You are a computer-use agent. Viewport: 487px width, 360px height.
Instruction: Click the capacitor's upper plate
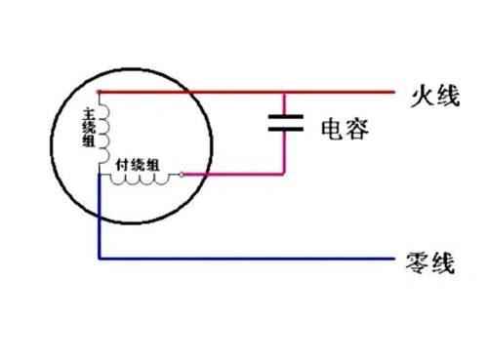pyautogui.click(x=283, y=117)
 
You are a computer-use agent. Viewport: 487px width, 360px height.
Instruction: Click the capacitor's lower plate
pyautogui.click(x=283, y=130)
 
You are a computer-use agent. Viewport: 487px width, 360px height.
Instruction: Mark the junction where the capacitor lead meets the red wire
pyautogui.click(x=283, y=94)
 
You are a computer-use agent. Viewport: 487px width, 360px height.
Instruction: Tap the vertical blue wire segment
pyautogui.click(x=100, y=220)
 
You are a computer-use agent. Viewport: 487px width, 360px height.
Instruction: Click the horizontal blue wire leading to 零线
pyautogui.click(x=244, y=260)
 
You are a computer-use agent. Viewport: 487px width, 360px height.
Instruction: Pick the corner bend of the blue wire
pyautogui.click(x=100, y=260)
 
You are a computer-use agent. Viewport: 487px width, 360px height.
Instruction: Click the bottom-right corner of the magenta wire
pyautogui.click(x=283, y=177)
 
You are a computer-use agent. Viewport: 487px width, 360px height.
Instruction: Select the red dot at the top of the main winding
pyautogui.click(x=101, y=94)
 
